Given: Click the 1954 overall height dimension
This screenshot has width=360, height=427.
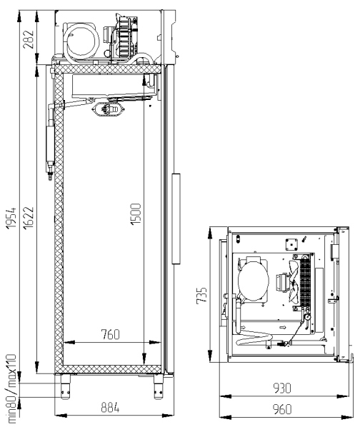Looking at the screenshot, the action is point(11,218).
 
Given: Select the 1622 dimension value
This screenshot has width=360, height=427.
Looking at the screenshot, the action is point(29,218).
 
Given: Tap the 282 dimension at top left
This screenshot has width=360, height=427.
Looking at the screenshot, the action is point(29,39).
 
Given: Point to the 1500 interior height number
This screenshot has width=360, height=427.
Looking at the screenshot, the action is point(136,214).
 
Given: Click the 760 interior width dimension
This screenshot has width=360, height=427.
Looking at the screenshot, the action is point(111,334).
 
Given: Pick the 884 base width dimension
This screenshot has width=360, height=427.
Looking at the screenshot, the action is point(110,408).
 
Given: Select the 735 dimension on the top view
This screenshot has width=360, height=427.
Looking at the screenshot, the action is point(201,295).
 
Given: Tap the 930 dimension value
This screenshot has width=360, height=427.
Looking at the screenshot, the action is point(282,388).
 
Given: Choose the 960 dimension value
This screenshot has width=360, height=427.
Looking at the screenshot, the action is point(282,409).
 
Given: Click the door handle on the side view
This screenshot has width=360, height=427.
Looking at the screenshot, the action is point(176,218).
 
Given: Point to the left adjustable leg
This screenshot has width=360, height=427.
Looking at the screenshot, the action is point(65,387).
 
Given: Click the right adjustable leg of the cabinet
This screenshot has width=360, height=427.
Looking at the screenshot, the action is point(159,387).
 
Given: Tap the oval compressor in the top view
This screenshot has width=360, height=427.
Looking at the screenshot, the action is point(254,281).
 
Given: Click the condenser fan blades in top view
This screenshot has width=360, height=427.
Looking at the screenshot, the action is point(294,282).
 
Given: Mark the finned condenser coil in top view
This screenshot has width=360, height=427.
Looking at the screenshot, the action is point(305,282).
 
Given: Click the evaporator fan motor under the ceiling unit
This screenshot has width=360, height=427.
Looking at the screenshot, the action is point(109,109).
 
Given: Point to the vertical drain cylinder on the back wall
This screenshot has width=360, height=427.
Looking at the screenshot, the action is point(50,143).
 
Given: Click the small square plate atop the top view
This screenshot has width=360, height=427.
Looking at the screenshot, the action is point(291,244).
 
